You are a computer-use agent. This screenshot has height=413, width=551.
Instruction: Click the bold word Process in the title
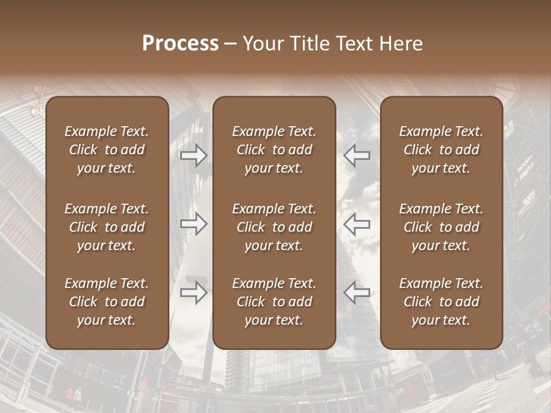pos(180,44)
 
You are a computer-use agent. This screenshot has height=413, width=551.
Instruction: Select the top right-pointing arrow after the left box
pos(193,155)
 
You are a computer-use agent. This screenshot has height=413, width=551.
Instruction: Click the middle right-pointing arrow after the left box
pos(193,224)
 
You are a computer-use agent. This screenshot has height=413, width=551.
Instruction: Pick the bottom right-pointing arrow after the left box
pos(193,293)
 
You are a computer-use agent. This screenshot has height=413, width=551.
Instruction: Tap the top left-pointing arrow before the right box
pos(357,155)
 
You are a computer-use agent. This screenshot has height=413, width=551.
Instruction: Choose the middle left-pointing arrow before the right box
pos(357,224)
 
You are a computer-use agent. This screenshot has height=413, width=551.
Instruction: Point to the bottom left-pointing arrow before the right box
pos(357,293)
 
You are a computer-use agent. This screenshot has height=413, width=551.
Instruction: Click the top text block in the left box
pos(107,150)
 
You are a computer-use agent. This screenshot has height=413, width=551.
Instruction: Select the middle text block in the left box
pos(107,227)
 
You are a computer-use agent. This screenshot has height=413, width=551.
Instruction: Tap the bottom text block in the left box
pos(107,302)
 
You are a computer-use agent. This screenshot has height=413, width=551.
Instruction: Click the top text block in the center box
pos(274,150)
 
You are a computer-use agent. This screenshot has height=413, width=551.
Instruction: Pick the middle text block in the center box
pos(274,227)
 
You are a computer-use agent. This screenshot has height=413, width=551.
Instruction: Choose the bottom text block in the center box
pos(274,302)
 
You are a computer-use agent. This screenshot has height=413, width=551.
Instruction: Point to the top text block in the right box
pos(441,150)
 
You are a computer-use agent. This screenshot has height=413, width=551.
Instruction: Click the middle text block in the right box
pos(441,227)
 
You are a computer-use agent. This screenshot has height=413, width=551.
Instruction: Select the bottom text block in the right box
pos(441,302)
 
